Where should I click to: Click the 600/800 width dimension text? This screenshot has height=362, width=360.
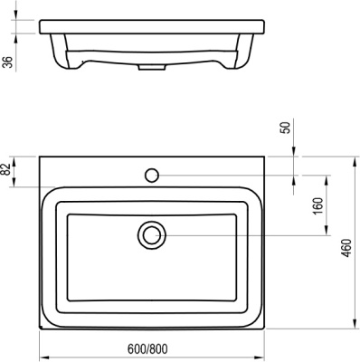click(150, 350)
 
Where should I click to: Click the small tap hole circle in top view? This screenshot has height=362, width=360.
click(152, 173)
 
